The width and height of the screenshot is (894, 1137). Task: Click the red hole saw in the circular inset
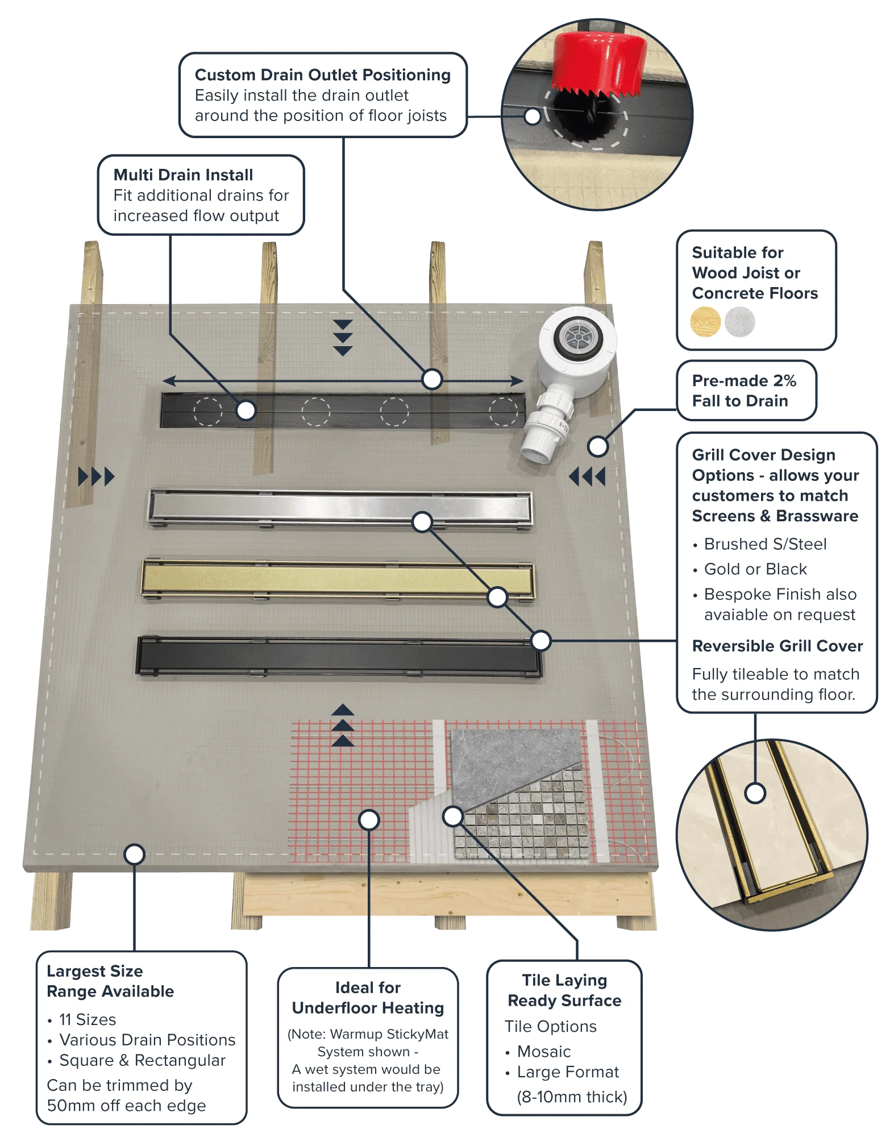(600, 63)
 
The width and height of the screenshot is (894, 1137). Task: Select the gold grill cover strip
(338, 579)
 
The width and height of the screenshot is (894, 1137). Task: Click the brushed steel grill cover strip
(340, 508)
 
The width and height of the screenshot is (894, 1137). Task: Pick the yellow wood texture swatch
(705, 322)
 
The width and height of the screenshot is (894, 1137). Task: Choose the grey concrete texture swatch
(739, 322)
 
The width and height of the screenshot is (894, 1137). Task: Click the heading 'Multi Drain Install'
(183, 175)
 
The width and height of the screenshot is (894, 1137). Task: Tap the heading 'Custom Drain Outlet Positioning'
(323, 75)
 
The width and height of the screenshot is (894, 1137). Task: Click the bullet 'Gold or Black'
(755, 569)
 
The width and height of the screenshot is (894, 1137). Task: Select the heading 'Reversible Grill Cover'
(777, 646)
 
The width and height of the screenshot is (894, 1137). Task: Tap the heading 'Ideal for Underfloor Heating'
(368, 998)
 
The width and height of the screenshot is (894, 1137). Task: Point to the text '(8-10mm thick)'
(572, 1097)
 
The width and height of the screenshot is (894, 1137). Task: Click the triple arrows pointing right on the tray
(96, 476)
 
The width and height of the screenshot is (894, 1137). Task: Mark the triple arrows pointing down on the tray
(343, 338)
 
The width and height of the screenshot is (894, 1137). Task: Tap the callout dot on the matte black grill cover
(540, 641)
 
